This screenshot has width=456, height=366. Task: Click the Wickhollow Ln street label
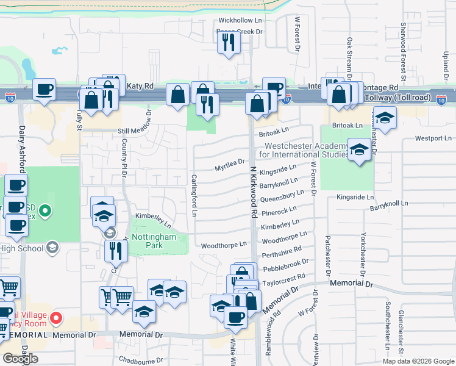(x=240, y=21)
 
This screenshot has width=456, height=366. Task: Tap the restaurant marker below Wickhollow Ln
(x=229, y=43)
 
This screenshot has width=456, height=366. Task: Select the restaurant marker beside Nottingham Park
(x=115, y=250)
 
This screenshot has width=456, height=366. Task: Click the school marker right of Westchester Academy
(x=360, y=149)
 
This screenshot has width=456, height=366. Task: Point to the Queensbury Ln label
(x=282, y=198)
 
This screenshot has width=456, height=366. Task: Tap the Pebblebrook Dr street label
(x=285, y=265)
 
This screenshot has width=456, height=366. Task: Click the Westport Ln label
(x=433, y=138)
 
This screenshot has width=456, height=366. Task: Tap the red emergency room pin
(x=56, y=318)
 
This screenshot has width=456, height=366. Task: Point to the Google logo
(x=20, y=359)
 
